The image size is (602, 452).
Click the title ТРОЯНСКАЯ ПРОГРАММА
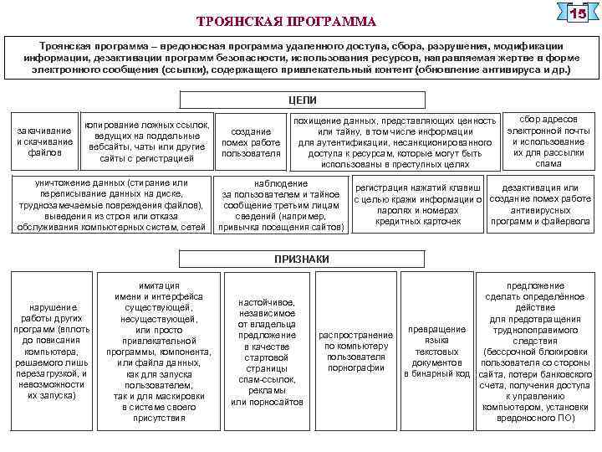click(287, 20)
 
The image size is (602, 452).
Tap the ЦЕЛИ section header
click(302, 100)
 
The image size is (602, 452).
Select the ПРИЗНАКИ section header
click(302, 259)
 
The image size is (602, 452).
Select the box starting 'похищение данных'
click(395, 142)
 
